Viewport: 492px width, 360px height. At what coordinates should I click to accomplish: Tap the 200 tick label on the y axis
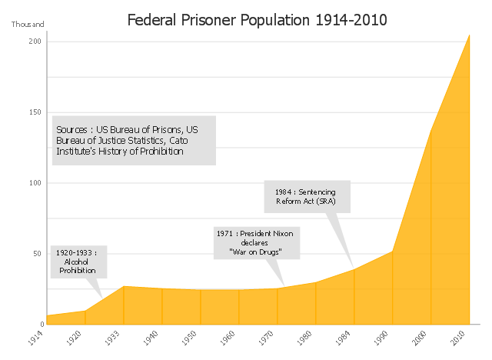click(x=35, y=42)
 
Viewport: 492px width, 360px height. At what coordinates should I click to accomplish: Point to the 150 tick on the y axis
click(x=35, y=112)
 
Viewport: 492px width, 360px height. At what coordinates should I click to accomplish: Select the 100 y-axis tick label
click(x=35, y=183)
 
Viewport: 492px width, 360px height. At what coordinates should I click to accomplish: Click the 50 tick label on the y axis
click(x=36, y=254)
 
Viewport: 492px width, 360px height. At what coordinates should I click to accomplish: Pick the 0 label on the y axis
click(x=38, y=325)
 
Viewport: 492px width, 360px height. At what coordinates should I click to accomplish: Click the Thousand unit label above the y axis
click(x=28, y=24)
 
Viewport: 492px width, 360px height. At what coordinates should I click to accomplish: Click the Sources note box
click(x=134, y=140)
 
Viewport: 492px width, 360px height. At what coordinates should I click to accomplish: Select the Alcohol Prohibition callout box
click(x=78, y=262)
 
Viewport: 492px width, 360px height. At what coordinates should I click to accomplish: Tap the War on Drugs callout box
click(x=255, y=242)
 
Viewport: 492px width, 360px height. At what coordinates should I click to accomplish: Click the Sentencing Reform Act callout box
click(x=307, y=197)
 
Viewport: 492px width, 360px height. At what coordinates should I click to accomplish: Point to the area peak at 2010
click(x=469, y=34)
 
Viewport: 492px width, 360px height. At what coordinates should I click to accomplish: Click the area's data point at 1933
click(x=124, y=286)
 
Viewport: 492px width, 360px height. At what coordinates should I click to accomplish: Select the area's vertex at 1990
click(x=392, y=252)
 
